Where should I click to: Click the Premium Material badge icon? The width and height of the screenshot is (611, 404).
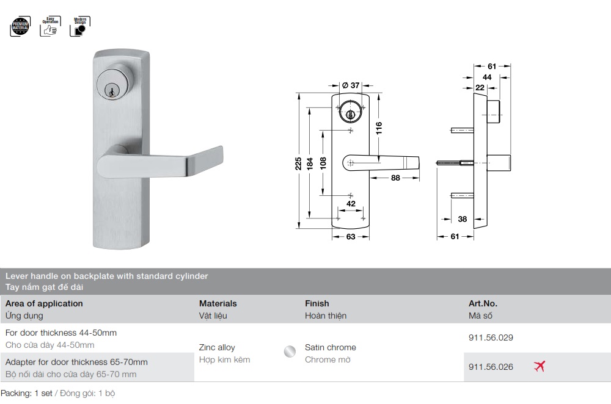click(x=20, y=26)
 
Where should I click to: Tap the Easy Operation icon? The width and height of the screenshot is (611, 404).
click(x=50, y=26)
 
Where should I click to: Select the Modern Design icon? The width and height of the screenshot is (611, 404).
click(x=80, y=26)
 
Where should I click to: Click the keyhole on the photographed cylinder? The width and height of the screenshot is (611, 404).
click(x=112, y=92)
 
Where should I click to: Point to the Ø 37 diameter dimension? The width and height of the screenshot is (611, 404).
click(x=351, y=85)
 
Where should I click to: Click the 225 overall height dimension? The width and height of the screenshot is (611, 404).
click(x=298, y=164)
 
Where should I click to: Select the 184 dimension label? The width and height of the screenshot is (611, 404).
click(x=310, y=164)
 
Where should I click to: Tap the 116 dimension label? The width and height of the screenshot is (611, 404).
click(x=379, y=128)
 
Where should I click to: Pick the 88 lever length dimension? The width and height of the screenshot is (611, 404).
click(x=395, y=178)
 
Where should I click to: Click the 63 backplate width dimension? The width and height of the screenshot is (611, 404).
click(x=351, y=237)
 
